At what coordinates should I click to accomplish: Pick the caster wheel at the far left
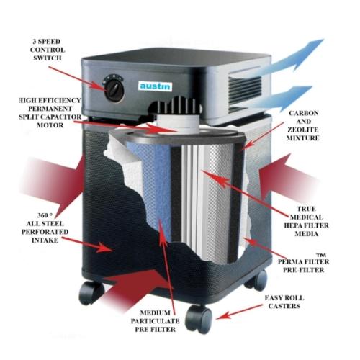point(91,292)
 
